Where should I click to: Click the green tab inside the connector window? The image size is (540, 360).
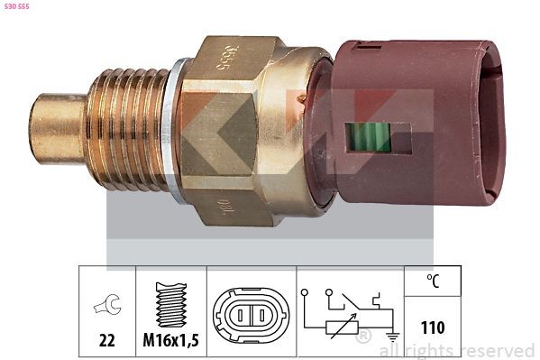coord(367,136)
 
